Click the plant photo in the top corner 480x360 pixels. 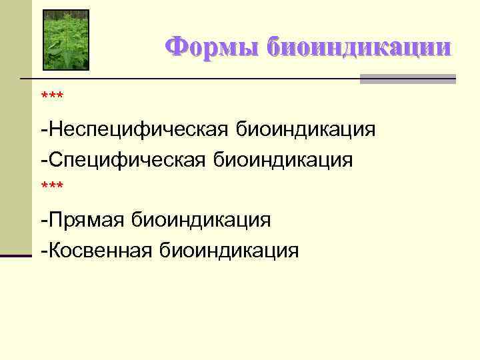click(x=66, y=39)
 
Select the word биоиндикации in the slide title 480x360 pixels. click(x=359, y=47)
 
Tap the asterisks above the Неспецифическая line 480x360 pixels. click(x=52, y=97)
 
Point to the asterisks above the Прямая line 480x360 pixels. click(x=52, y=189)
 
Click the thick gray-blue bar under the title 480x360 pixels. click(x=408, y=79)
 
